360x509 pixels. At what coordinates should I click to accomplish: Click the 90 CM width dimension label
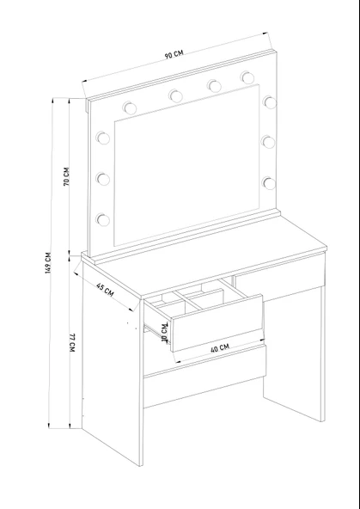[174, 54]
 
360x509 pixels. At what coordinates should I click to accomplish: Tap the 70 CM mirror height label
[66, 176]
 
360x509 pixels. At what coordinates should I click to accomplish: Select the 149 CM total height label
[48, 262]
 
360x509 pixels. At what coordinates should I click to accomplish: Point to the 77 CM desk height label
[72, 343]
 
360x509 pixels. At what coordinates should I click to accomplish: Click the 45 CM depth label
[105, 290]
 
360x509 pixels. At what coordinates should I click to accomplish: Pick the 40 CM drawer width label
[220, 348]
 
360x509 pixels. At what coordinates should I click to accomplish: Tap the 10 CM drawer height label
[165, 333]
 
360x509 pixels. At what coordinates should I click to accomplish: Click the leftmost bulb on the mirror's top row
[130, 107]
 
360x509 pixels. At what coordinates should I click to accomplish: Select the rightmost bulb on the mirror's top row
[247, 77]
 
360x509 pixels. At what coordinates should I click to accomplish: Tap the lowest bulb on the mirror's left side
[103, 219]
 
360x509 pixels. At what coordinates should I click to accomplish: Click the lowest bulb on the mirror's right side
[269, 183]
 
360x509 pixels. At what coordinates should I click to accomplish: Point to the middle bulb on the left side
[103, 179]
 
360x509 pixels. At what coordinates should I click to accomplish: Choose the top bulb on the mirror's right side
[270, 102]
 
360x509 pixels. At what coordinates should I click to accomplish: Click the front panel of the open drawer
[217, 323]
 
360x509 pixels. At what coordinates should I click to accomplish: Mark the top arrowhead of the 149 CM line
[52, 100]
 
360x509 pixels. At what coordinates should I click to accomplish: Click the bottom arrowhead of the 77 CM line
[70, 426]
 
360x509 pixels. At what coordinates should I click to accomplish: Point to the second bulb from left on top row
[175, 95]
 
